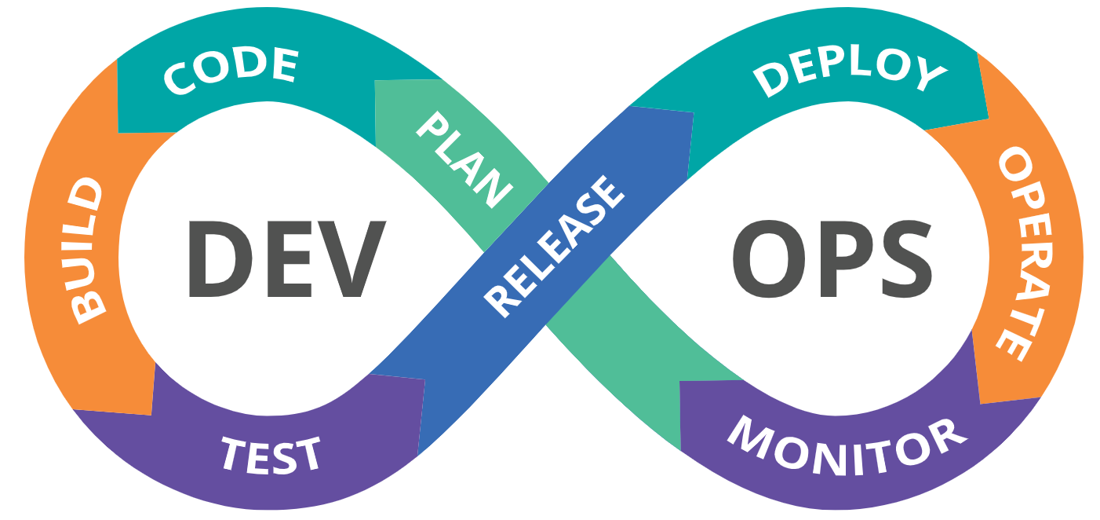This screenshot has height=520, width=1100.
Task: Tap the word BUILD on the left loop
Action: (x=87, y=251)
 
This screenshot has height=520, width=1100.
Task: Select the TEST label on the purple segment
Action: (x=271, y=455)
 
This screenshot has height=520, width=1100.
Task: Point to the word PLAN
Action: (x=464, y=159)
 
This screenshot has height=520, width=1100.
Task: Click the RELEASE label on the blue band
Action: (x=554, y=246)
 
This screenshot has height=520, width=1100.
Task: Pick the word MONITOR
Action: (x=847, y=446)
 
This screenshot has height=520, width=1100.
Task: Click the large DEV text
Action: (x=286, y=258)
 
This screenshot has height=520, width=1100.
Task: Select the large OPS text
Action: (x=832, y=258)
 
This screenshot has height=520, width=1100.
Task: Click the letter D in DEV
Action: (x=220, y=258)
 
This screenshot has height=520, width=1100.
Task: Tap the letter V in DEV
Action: (x=351, y=258)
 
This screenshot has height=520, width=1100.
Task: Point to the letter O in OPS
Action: (x=769, y=258)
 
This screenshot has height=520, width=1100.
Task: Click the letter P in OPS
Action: (x=845, y=258)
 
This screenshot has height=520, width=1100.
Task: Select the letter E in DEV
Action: (x=289, y=258)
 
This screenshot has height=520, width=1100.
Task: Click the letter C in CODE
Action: (x=178, y=80)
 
